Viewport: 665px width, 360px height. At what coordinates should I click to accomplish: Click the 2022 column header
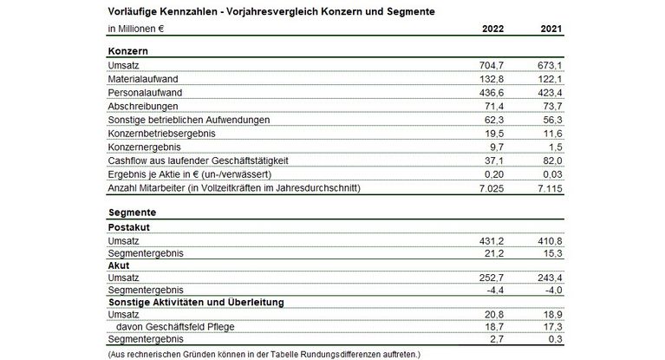click(494, 29)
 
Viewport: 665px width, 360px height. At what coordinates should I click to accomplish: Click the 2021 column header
click(551, 29)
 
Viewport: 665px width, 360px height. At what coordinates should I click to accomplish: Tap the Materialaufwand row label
click(141, 79)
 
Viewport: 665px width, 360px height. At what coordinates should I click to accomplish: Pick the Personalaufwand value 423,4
click(551, 92)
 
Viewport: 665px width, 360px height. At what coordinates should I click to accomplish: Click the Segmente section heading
click(132, 213)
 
